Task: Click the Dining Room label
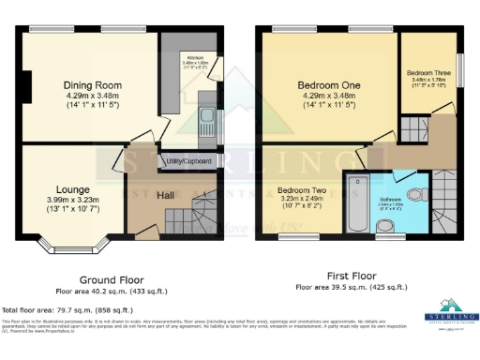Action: (94, 85)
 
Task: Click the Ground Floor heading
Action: (110, 279)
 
